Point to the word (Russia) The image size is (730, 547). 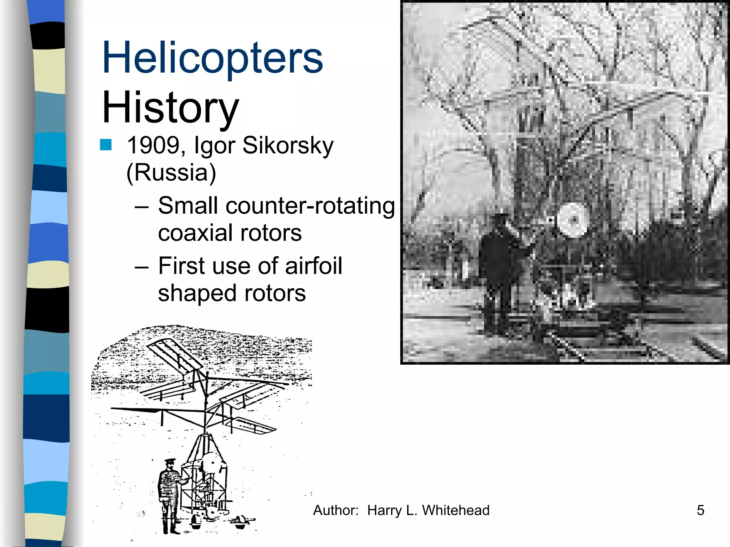coord(171,173)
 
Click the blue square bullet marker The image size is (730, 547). coord(106,145)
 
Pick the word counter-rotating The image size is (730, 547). coord(310,206)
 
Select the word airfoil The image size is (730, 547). coord(313,266)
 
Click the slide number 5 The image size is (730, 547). coord(700,510)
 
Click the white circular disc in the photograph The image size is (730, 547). coord(572,220)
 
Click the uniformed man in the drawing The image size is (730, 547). coord(169,495)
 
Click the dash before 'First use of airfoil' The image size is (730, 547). coord(142,266)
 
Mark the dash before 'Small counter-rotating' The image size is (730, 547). coord(142,207)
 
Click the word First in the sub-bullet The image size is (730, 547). coord(180,266)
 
